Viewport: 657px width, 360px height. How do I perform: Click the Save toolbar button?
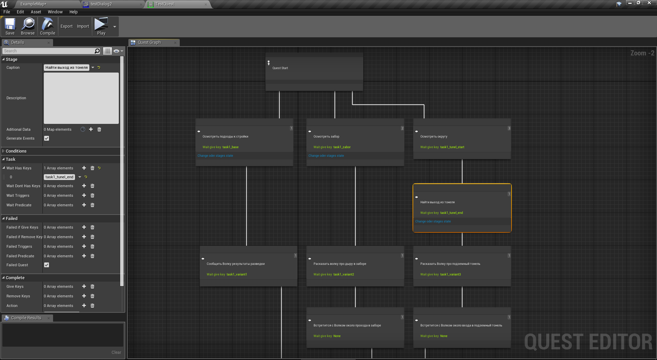[10, 27]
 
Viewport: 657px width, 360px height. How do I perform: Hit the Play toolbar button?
[101, 27]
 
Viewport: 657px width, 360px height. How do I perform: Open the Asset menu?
[36, 12]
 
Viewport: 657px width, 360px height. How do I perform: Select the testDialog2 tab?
[101, 4]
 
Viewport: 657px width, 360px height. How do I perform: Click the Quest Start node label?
[280, 68]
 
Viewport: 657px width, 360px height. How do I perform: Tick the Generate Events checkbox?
[47, 138]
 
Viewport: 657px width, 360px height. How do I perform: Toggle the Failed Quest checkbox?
[47, 265]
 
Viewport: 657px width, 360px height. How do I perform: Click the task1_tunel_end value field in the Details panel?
[59, 177]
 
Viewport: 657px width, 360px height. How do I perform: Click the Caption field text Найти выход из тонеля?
[66, 67]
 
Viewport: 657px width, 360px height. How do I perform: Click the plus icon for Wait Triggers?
[84, 195]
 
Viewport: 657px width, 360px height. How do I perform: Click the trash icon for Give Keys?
[92, 286]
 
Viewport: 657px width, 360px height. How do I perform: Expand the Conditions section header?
[16, 151]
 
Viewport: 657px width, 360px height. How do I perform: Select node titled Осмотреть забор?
[326, 137]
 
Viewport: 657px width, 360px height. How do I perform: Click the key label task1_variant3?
[450, 274]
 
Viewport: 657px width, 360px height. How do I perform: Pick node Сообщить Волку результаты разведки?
[236, 264]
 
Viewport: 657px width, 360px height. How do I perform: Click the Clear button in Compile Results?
[116, 352]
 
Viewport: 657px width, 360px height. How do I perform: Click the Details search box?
[48, 51]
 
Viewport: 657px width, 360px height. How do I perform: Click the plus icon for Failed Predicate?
[84, 256]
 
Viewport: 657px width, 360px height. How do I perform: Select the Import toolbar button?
[83, 26]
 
